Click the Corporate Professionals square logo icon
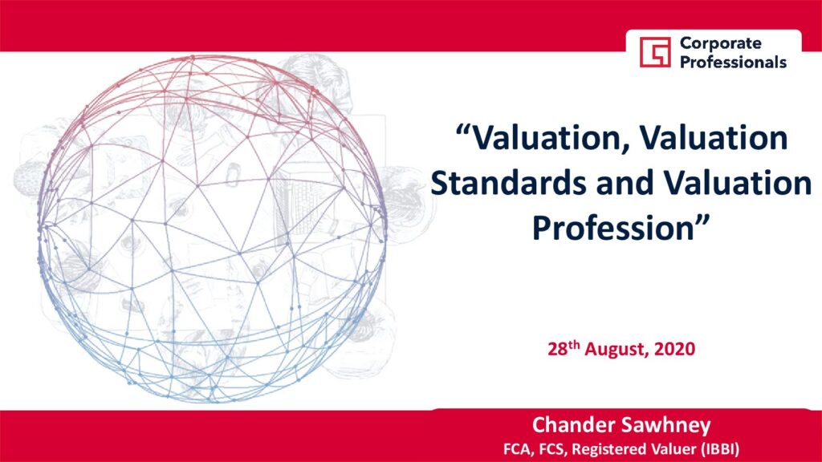655,52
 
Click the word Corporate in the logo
720,43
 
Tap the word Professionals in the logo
733,63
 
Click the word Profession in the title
613,229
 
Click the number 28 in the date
558,350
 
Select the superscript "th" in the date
575,345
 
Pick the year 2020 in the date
674,350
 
